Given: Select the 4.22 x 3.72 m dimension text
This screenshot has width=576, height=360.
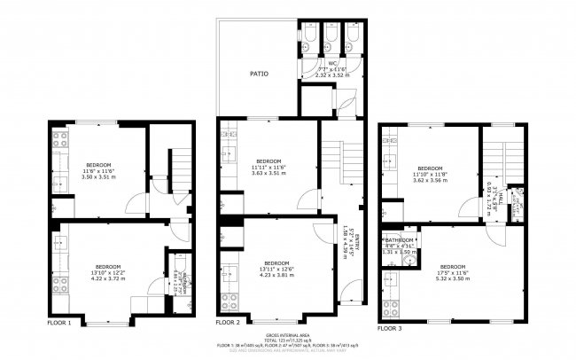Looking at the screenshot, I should pos(109,278).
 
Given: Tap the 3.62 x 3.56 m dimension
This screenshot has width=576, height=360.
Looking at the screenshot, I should pos(430,180).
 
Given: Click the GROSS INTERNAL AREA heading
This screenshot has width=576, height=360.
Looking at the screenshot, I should pos(288,334).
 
